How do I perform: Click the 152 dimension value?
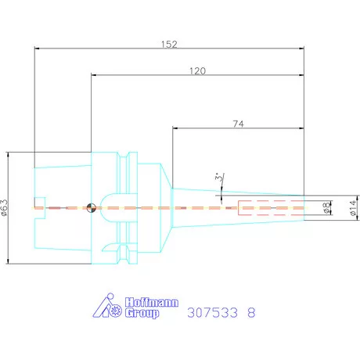[169, 44]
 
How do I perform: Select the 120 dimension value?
[198, 71]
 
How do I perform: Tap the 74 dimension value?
[239, 124]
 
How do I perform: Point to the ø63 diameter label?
[5, 207]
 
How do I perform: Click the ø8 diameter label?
[326, 208]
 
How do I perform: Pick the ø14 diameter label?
[353, 208]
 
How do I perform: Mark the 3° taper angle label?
[219, 177]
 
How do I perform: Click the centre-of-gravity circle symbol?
[91, 208]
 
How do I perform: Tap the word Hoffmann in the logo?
[152, 302]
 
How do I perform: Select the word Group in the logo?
[142, 313]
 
